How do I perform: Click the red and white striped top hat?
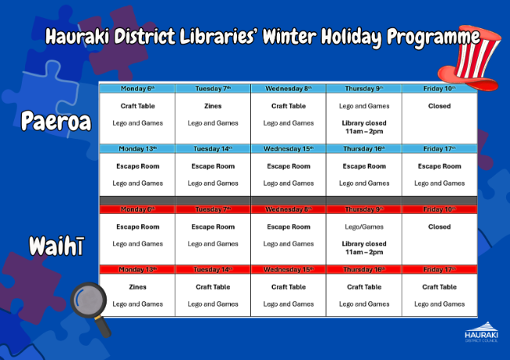click(470, 59)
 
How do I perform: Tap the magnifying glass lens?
click(89, 300)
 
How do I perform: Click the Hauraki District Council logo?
click(482, 332)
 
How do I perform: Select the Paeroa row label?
click(56, 121)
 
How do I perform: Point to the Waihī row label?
click(57, 245)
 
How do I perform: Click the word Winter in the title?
click(289, 36)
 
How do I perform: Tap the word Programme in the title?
click(433, 38)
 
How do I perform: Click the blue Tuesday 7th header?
click(213, 89)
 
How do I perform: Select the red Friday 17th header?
click(439, 269)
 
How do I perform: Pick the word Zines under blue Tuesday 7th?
click(213, 106)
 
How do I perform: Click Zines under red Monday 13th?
click(137, 287)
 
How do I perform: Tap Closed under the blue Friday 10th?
click(439, 106)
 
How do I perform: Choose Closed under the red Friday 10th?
click(439, 227)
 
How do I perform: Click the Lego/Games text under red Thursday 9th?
click(364, 227)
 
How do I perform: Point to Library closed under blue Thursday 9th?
click(364, 123)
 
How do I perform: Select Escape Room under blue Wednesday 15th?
click(289, 166)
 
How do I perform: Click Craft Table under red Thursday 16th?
click(364, 287)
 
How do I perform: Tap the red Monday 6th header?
click(137, 209)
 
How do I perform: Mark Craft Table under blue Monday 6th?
click(137, 106)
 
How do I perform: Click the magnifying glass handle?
click(104, 326)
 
